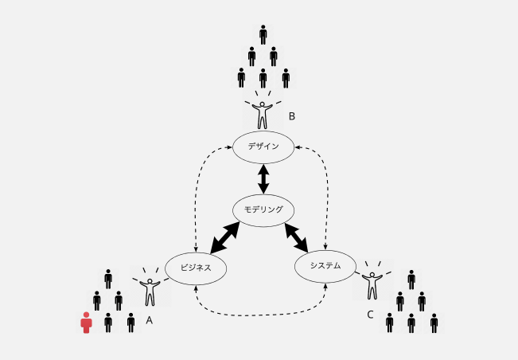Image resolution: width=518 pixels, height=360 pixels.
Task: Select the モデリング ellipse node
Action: point(263,210)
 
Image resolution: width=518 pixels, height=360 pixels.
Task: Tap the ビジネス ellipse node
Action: point(196,268)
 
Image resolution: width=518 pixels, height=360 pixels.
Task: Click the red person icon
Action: point(86,323)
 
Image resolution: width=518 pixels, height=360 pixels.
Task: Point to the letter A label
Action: point(150,319)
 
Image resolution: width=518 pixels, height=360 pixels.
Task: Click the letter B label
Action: point(292,116)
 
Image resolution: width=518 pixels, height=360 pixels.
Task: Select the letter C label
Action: point(370,315)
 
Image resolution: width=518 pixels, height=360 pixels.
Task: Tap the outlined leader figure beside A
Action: point(150,289)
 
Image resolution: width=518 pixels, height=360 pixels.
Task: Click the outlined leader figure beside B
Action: point(263,112)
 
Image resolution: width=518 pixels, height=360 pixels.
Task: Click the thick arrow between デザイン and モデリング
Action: point(263,178)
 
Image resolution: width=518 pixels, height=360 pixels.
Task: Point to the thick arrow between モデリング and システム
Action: point(298,236)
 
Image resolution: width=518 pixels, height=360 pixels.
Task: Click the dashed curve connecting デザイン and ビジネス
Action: point(196,195)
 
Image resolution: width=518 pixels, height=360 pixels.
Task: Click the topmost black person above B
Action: point(263,35)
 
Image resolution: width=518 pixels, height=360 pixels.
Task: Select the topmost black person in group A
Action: point(108,279)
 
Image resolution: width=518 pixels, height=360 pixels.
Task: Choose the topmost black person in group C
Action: point(411,280)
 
